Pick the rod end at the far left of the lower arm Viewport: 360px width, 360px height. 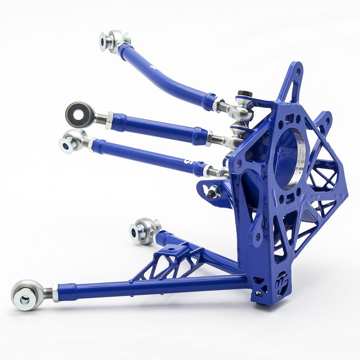click(28, 294)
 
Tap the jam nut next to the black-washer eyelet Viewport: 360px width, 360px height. click(109, 120)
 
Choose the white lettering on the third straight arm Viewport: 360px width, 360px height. click(187, 161)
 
